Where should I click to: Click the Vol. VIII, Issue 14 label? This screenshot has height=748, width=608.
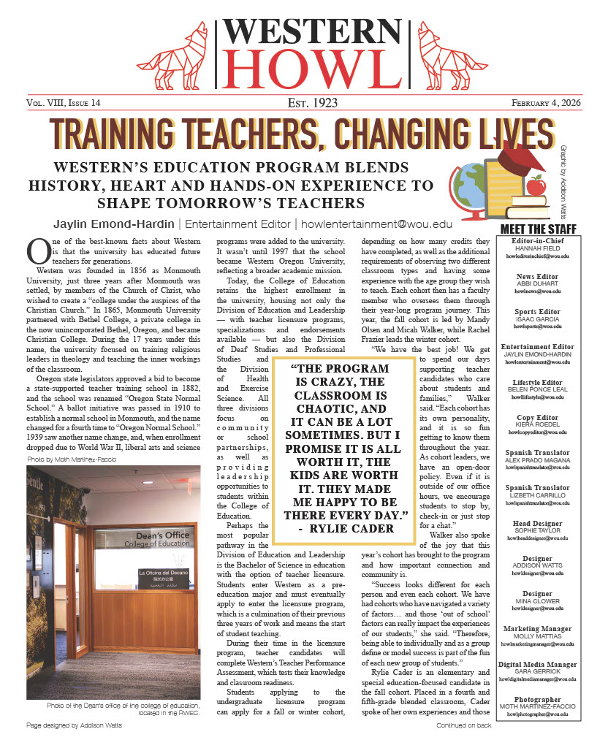pyautogui.click(x=64, y=103)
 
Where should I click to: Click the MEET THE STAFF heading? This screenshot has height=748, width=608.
pyautogui.click(x=538, y=229)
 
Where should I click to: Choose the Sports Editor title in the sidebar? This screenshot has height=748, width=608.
pyautogui.click(x=538, y=311)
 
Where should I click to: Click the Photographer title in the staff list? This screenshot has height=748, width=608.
pyautogui.click(x=538, y=700)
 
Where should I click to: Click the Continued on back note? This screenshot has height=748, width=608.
pyautogui.click(x=463, y=725)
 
